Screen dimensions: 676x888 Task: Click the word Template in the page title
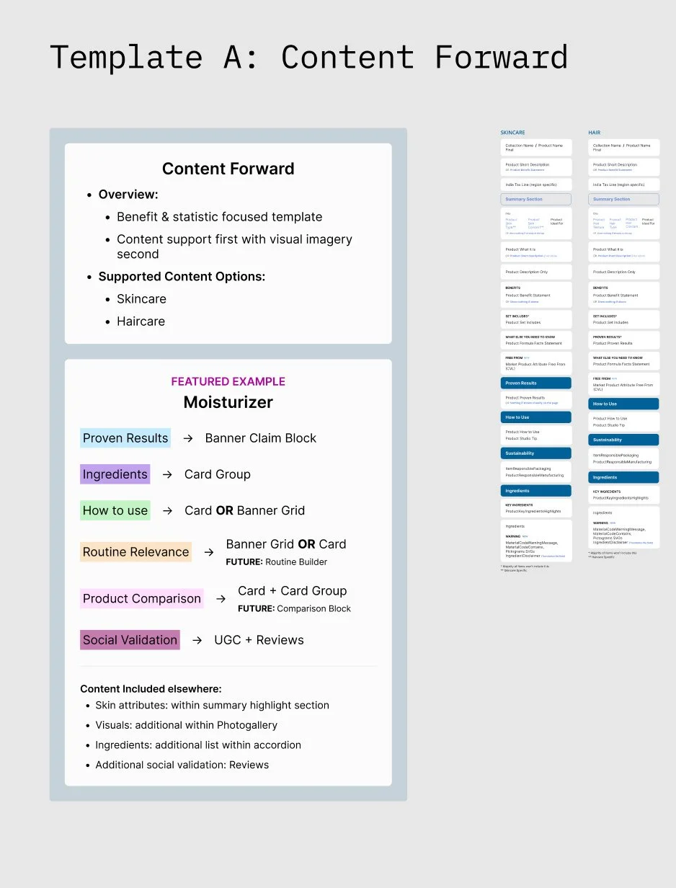tap(126, 58)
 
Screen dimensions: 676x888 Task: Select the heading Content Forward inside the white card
tap(228, 169)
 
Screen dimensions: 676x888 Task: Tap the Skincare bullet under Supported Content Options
tap(141, 298)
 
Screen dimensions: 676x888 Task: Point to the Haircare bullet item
tap(141, 321)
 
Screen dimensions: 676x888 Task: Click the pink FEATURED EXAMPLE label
tap(228, 381)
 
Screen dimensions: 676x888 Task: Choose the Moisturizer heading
tap(228, 402)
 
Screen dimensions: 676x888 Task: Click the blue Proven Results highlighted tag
tap(125, 438)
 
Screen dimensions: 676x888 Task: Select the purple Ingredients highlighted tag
tap(115, 474)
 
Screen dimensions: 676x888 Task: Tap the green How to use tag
tap(115, 510)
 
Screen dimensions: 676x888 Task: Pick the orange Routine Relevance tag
tap(135, 551)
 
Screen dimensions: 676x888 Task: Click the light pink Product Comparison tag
tap(141, 598)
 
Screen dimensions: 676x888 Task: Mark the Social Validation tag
tap(130, 639)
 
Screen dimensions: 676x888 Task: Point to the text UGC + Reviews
tap(259, 639)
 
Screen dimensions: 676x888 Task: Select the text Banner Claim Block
tap(260, 438)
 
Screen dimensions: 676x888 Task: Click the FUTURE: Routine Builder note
tap(276, 561)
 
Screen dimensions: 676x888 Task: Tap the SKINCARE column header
tap(512, 133)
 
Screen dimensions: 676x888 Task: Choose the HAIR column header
tap(594, 133)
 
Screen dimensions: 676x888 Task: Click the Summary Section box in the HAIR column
tap(623, 199)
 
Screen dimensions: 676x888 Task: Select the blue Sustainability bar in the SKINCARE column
tap(535, 453)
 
